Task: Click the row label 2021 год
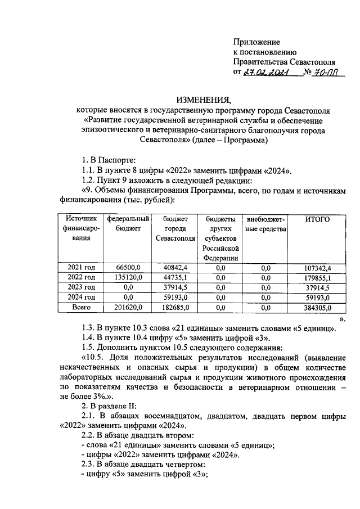pos(81,267)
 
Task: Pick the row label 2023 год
pos(81,287)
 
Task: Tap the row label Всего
pos(81,307)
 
